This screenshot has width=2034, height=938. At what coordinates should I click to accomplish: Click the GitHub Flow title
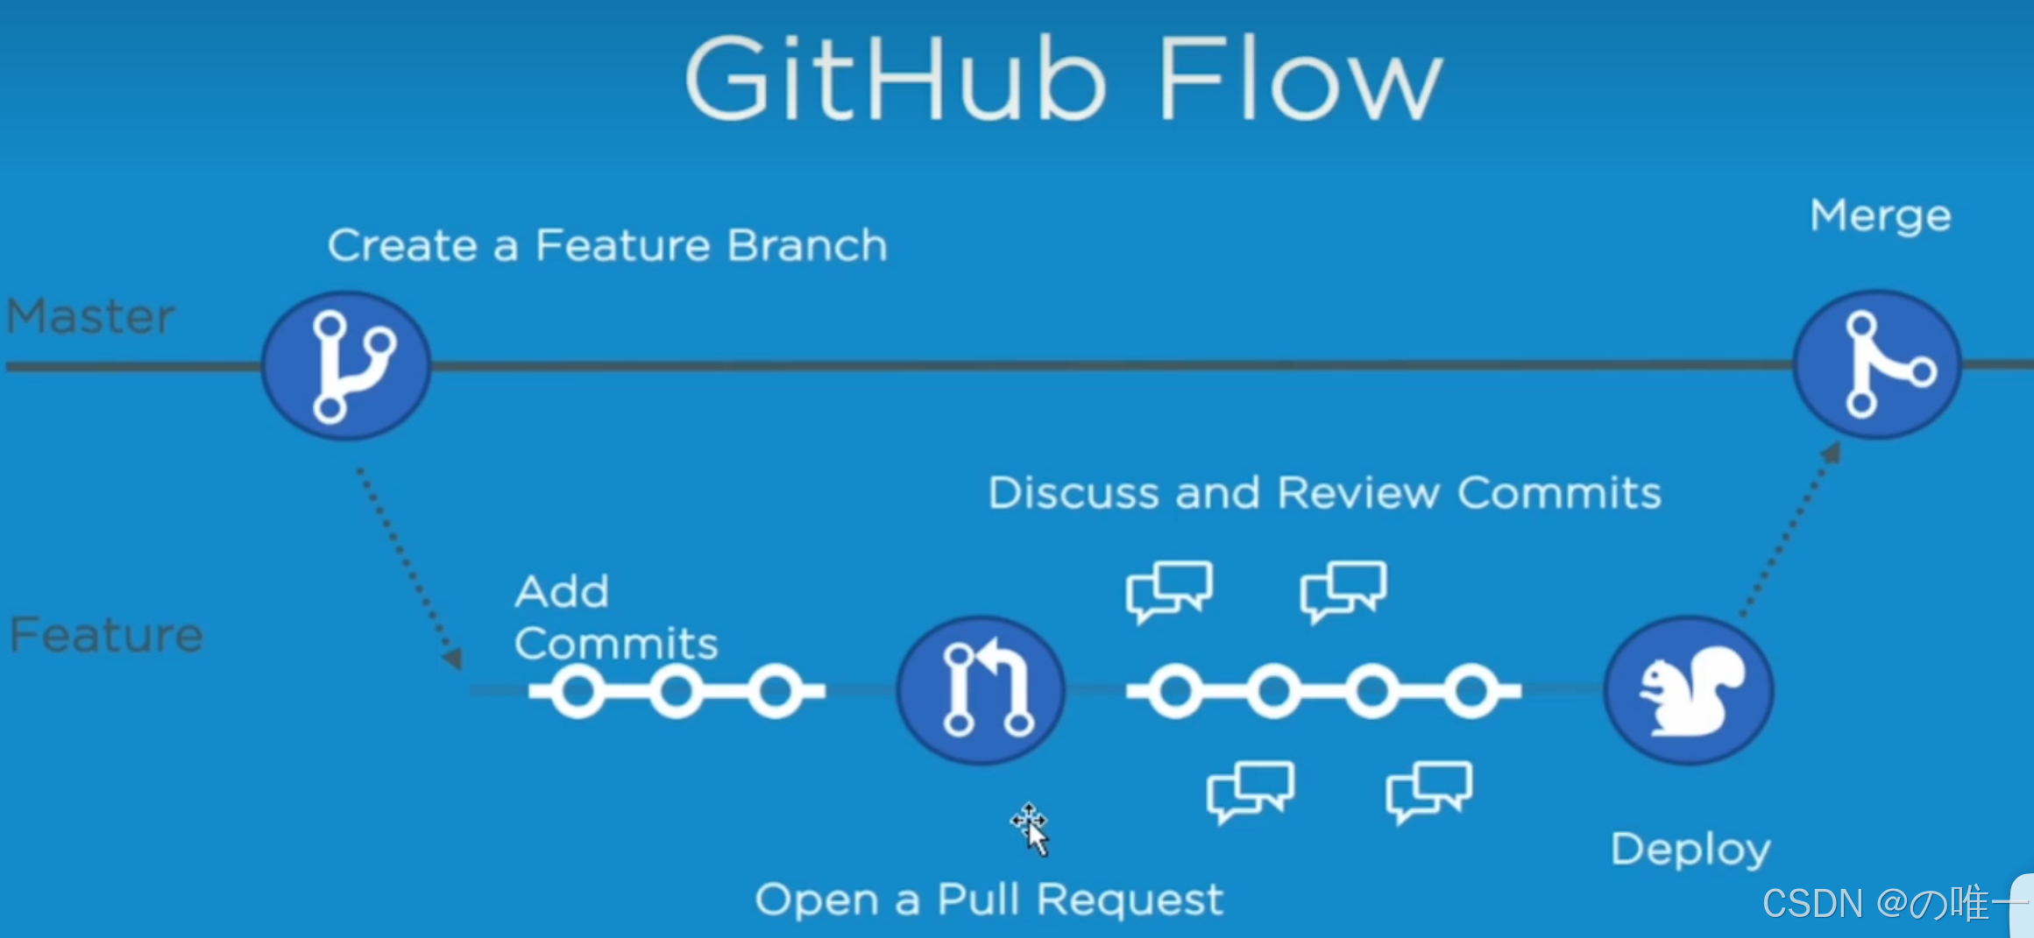(x=1062, y=79)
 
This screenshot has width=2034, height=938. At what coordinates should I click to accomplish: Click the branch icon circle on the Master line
(x=346, y=365)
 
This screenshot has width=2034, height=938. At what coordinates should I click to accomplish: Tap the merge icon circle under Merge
(x=1877, y=364)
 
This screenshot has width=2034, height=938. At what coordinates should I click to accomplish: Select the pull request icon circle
(x=982, y=690)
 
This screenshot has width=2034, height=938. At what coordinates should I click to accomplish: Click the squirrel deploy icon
(x=1689, y=690)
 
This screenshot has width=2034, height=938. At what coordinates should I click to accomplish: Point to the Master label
(x=90, y=316)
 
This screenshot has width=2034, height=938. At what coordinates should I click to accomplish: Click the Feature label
(x=106, y=634)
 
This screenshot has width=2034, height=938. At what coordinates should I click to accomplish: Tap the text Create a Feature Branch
(x=606, y=245)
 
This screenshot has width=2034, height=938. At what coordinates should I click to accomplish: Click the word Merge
(x=1881, y=216)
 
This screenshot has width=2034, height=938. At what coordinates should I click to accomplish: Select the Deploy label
(x=1690, y=850)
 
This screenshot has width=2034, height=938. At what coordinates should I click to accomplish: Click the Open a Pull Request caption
(x=989, y=899)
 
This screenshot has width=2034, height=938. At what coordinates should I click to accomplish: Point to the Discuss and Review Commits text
(x=1324, y=493)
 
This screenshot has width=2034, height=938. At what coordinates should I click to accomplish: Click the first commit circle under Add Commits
(x=578, y=692)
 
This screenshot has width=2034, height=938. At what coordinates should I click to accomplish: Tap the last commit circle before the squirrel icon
(x=1471, y=691)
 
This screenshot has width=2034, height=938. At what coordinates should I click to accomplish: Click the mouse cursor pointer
(x=1032, y=828)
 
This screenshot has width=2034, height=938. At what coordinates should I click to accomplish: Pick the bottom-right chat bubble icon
(x=1428, y=791)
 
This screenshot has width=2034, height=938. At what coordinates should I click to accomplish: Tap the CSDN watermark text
(x=1884, y=903)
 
